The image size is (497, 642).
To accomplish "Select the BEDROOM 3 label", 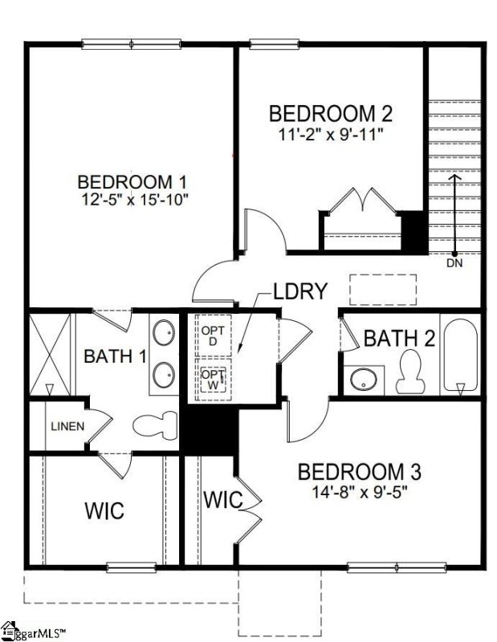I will tap(359, 471).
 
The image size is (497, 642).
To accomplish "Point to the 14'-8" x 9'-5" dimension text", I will tap(358, 491).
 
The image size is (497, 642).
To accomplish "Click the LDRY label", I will tap(299, 291).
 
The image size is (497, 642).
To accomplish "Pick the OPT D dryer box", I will tap(211, 336).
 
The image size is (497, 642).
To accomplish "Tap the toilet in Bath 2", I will tap(409, 371).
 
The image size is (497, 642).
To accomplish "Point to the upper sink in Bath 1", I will tap(165, 332).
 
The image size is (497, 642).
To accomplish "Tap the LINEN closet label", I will tap(67, 426).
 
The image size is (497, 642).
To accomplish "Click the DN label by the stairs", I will tap(454, 262).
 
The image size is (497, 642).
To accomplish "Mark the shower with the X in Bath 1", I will tap(51, 354).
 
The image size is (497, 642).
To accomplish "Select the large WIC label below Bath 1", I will tap(104, 510).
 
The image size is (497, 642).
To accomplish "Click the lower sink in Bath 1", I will tap(165, 374).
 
